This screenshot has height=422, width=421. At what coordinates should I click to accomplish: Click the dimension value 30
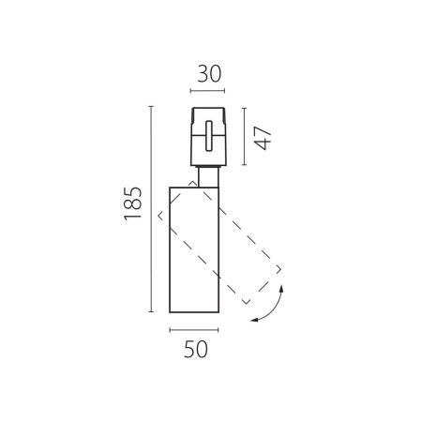(x=209, y=74)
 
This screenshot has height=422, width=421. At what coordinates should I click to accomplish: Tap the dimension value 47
(x=263, y=138)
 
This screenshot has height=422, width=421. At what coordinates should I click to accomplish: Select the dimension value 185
(x=133, y=203)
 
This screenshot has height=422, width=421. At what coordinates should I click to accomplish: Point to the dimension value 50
(x=196, y=349)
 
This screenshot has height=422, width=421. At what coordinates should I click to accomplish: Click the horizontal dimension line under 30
(x=207, y=91)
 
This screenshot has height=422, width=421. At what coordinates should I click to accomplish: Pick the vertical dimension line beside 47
(x=244, y=136)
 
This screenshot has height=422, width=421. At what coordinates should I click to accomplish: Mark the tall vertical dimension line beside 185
(x=151, y=209)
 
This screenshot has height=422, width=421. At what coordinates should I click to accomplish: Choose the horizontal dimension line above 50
(x=194, y=330)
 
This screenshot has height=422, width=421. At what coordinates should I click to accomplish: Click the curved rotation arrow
(x=273, y=308)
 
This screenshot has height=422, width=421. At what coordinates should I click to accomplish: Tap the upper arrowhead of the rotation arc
(x=281, y=288)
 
